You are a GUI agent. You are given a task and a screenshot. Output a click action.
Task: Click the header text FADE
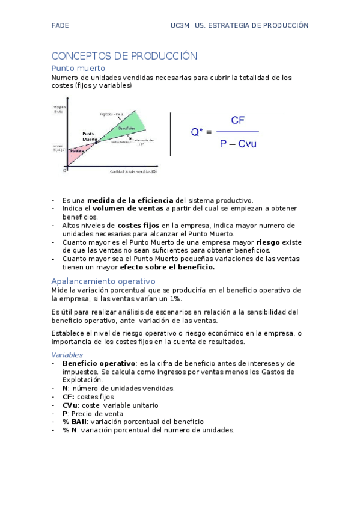tap(60, 26)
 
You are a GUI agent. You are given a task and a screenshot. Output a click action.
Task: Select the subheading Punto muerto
tap(78, 68)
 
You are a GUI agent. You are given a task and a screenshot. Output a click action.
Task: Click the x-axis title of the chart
tap(133, 171)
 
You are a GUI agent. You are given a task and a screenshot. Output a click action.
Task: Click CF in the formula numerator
tap(237, 120)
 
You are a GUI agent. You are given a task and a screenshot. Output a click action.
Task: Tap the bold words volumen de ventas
tap(128, 209)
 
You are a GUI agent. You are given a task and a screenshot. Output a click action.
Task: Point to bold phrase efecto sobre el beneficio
tap(167, 266)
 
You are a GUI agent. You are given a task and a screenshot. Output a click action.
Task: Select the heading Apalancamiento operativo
tap(103, 281)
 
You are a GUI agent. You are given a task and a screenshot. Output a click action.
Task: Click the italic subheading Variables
tap(67, 355)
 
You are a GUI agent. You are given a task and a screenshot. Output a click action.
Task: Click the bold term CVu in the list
tap(70, 405)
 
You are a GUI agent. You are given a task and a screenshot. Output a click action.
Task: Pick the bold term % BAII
tap(75, 422)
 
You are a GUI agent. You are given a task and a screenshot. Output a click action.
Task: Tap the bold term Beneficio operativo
tap(99, 363)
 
